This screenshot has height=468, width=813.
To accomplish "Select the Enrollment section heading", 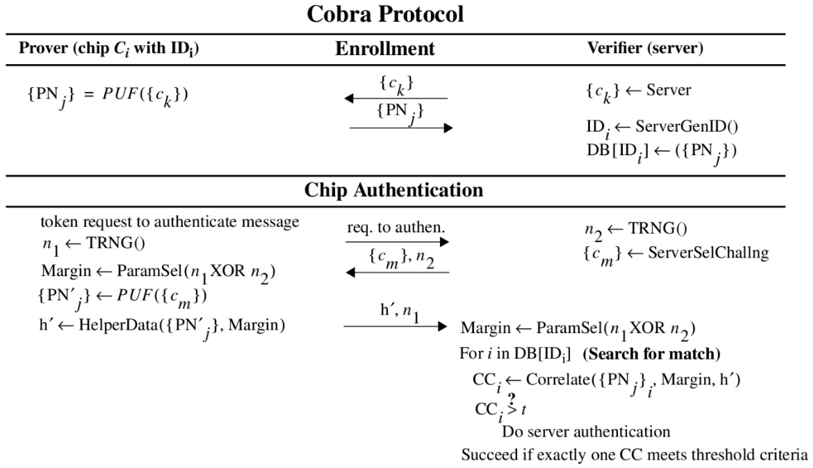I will pos(385,49).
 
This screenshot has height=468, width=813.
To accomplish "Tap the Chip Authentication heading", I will pos(394,190).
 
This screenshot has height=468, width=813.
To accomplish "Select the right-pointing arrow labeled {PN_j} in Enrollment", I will pos(401,128).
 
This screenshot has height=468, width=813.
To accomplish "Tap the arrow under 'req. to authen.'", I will pos(397,242).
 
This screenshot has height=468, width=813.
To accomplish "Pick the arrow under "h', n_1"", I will pos(395,327).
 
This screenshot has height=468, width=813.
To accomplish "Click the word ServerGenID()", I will pos(687,127).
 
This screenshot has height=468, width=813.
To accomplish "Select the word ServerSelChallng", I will pos(708,253).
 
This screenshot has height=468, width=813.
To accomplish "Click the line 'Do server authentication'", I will pos(586,432).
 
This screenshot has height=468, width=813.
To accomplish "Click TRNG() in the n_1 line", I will pos(116,243).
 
